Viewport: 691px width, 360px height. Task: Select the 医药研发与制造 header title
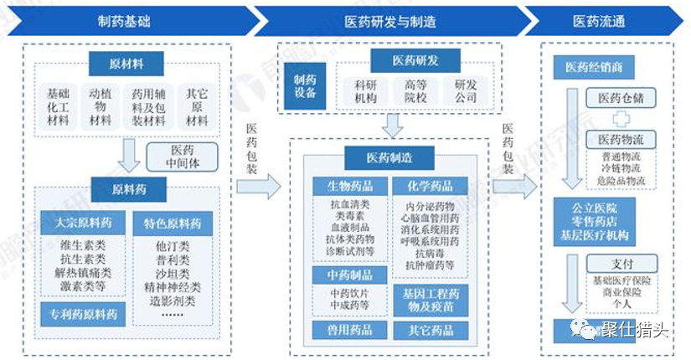tap(389, 20)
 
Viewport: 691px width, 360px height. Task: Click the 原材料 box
tap(126, 64)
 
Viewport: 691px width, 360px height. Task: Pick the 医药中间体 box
tap(182, 155)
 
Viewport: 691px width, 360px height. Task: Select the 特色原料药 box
tap(172, 224)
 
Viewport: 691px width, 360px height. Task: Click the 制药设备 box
tap(306, 85)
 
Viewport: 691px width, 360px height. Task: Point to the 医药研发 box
tap(415, 60)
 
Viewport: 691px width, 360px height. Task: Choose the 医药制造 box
tap(389, 157)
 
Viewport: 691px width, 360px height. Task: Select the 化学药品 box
tap(430, 186)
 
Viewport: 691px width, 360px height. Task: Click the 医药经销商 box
tap(594, 68)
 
